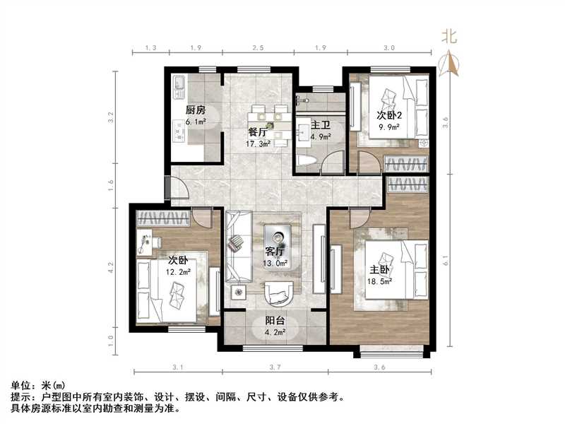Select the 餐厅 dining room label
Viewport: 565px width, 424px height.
point(257,132)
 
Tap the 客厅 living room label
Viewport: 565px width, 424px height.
point(274,252)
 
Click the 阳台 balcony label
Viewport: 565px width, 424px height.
point(275,319)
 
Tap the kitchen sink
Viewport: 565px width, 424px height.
point(178,87)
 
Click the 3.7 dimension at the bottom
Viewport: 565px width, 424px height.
point(275,367)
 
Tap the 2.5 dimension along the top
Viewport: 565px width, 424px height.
point(258,47)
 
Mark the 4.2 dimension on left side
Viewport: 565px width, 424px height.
point(110,268)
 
